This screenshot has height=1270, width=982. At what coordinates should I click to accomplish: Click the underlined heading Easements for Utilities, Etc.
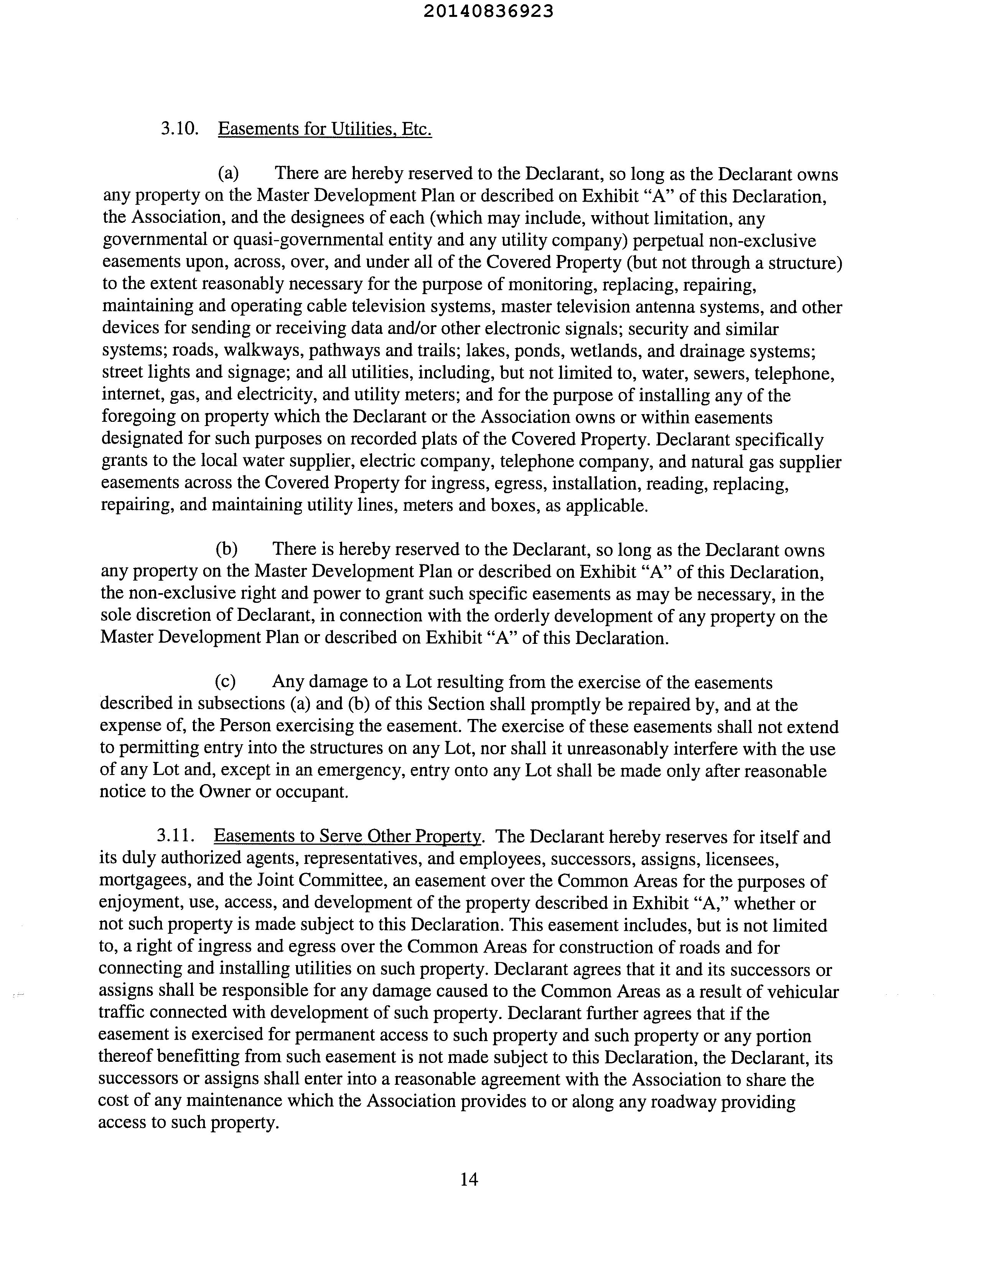point(325,128)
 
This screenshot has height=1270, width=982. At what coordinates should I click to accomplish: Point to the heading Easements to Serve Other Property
point(347,836)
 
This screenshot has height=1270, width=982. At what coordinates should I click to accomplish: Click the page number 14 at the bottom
point(469,1179)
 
